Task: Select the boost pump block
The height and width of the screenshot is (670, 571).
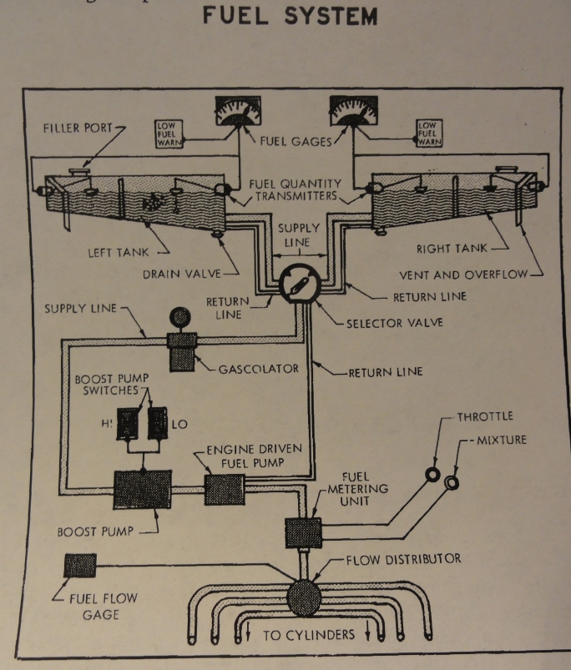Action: tap(141, 488)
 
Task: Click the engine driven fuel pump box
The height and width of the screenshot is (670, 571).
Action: tap(225, 489)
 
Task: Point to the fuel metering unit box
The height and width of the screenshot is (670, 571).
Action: tap(302, 531)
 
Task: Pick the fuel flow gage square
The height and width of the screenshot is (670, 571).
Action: tap(80, 567)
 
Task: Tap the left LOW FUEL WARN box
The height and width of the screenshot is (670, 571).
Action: tap(169, 134)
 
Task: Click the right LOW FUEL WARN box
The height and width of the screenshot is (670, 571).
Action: tap(429, 133)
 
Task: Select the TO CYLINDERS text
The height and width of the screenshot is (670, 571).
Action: tap(309, 635)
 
